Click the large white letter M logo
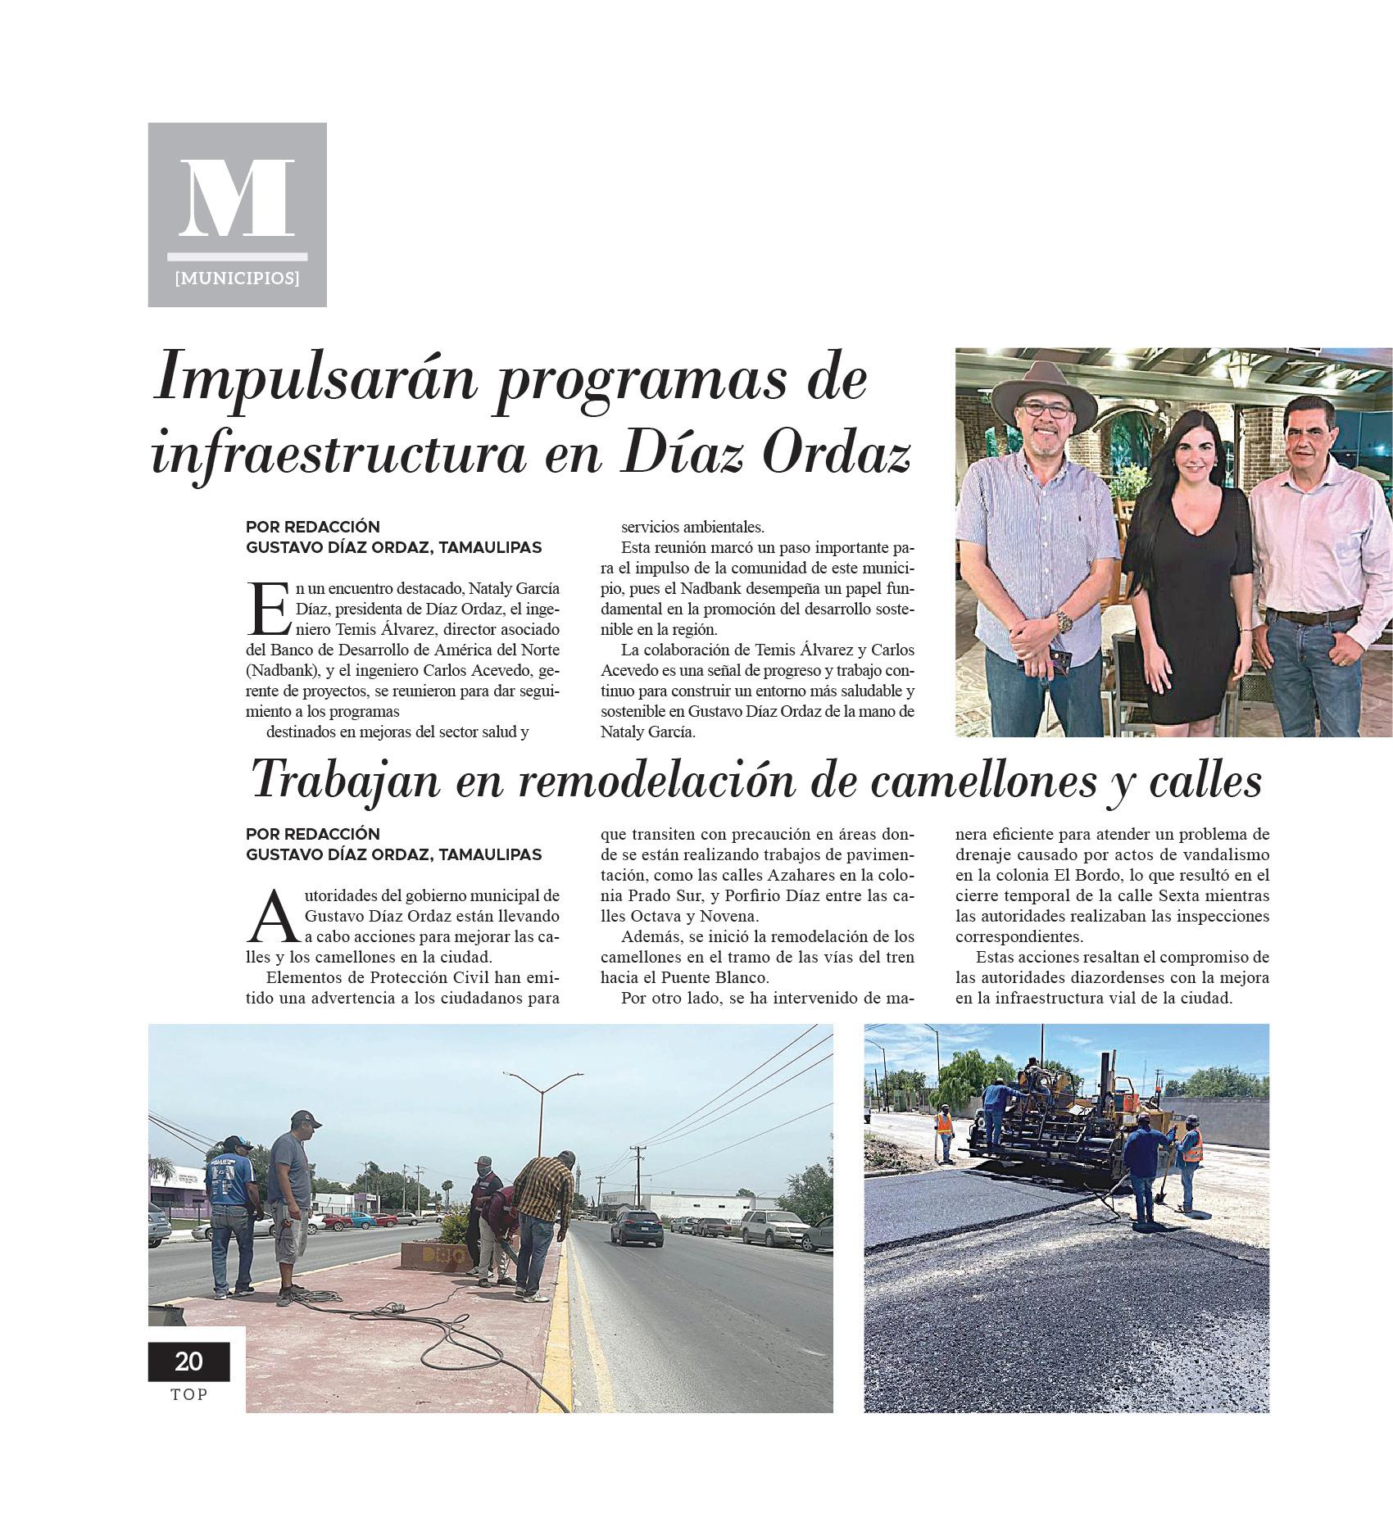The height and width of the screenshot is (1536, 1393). pyautogui.click(x=237, y=198)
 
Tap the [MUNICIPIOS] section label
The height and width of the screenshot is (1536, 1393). pyautogui.click(x=237, y=279)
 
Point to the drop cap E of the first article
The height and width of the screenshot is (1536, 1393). pyautogui.click(x=266, y=609)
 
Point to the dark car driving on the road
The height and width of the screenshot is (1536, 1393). pyautogui.click(x=636, y=1227)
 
